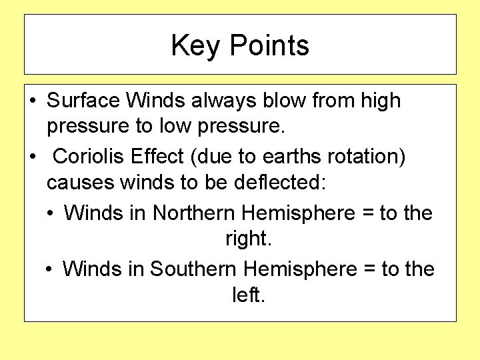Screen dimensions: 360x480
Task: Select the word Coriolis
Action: click(x=91, y=156)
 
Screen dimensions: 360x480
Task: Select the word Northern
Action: click(x=193, y=213)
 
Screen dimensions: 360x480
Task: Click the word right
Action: click(x=246, y=238)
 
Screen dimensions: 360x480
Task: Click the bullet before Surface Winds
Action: click(x=33, y=101)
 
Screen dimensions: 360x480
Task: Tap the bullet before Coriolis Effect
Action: click(x=33, y=157)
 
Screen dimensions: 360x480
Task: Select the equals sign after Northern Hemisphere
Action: click(x=367, y=213)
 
